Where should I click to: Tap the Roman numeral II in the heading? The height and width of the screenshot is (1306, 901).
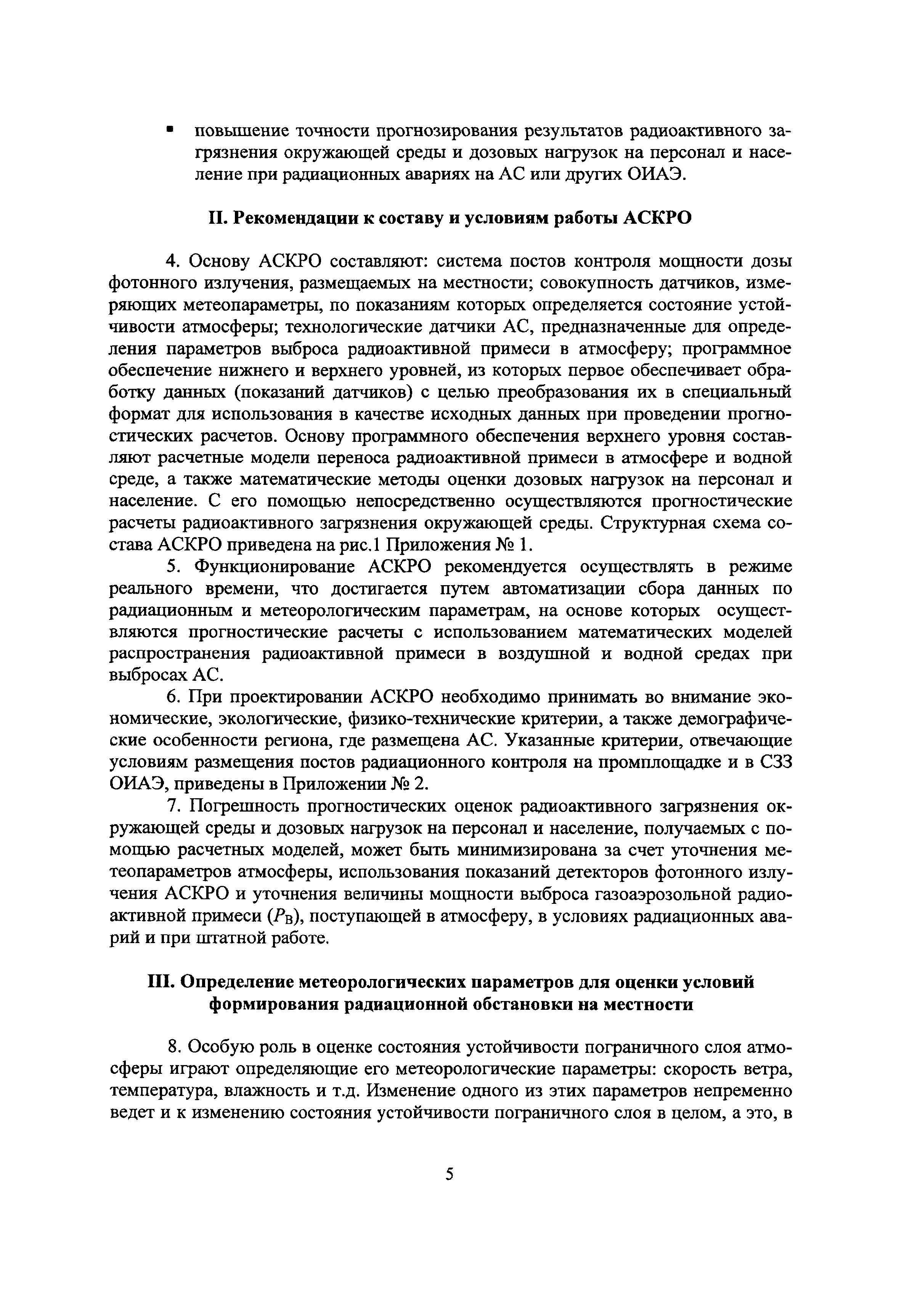click(217, 218)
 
